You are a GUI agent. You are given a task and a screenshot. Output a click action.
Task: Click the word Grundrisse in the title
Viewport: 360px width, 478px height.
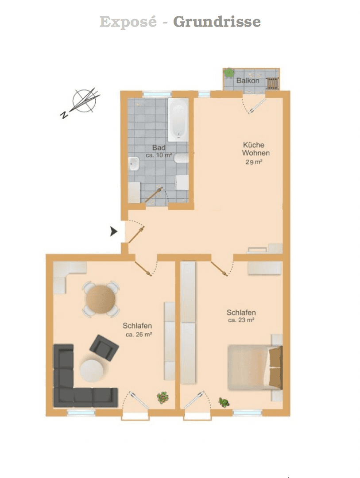coord(217,22)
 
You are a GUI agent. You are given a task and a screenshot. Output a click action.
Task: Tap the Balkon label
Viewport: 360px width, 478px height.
coord(248,81)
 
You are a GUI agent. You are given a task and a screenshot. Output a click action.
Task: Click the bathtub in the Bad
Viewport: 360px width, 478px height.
coord(178,119)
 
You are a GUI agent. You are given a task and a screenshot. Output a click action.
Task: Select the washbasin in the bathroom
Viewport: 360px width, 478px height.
coord(134,164)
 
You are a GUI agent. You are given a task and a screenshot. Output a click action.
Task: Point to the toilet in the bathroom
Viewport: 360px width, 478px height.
coord(181,158)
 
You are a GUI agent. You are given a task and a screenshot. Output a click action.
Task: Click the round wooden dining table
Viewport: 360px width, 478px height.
coord(101,299)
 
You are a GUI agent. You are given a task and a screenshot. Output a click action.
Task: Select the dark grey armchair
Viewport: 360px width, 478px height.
coord(104,348)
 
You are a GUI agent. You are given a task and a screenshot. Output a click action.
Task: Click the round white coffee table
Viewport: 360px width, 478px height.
coord(92,370)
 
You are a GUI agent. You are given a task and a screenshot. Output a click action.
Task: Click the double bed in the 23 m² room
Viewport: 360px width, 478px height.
coord(255,367)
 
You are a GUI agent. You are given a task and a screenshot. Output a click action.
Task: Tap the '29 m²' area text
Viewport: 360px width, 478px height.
coord(254,162)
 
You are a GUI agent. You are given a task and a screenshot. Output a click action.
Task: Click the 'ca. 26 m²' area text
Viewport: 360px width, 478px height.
coord(139,335)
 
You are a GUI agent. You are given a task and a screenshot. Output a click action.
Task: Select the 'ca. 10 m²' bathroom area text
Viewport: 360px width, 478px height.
coord(159,155)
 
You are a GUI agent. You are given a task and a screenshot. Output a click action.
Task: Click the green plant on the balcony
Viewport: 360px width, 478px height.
coord(228,73)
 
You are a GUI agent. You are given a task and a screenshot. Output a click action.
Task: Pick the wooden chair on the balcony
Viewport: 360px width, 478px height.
coord(272,83)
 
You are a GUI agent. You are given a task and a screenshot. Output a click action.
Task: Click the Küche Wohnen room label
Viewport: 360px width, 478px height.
coord(255,149)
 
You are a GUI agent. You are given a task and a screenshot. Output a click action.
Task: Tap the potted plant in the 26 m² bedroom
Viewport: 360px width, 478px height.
coord(163,397)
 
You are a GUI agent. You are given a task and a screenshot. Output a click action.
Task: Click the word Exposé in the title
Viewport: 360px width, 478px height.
coord(128,22)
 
